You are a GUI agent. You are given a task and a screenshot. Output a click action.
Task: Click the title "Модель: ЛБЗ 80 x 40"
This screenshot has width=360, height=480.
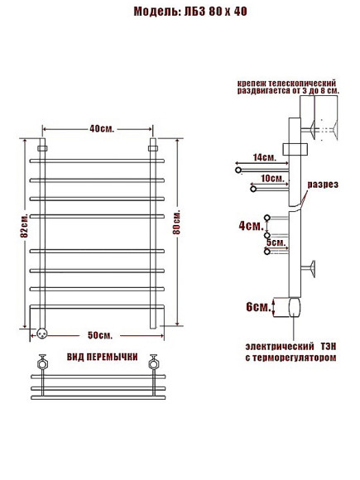tap(190, 12)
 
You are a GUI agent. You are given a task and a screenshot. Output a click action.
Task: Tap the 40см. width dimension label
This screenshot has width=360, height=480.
tap(102, 129)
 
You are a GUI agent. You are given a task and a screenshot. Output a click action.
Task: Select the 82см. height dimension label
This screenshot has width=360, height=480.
tap(24, 226)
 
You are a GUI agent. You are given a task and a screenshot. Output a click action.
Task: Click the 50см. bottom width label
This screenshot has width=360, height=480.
tap(100, 335)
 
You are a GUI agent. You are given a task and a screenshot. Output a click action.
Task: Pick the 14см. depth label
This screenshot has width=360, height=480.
tap(265, 157)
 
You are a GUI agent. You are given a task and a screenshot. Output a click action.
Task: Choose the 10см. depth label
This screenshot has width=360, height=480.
tap(273, 178)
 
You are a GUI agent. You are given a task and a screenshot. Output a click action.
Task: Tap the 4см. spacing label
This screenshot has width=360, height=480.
tap(251, 226)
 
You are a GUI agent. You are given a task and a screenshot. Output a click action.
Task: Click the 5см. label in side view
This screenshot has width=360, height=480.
tap(276, 242)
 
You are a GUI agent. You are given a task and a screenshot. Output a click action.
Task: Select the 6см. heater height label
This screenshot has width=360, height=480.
tap(259, 306)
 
